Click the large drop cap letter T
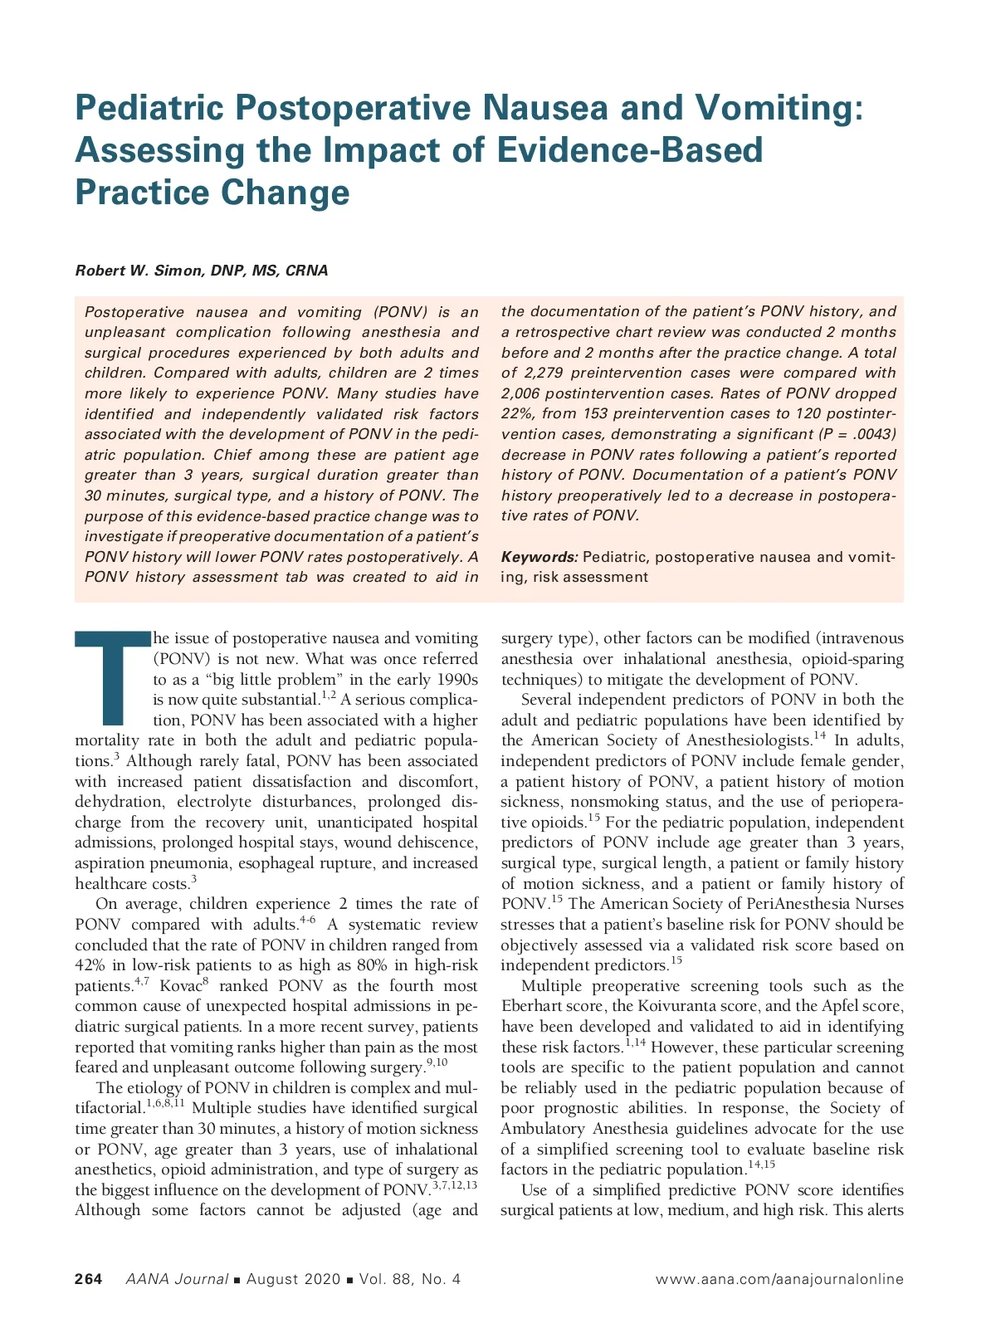coord(110,676)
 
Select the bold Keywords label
coord(539,557)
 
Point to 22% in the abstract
coord(516,413)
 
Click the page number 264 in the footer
coord(89,1279)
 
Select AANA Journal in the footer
coord(177,1279)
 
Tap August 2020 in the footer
coord(293,1279)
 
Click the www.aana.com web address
coord(779,1279)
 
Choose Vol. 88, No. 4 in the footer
coord(409,1279)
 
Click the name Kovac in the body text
coord(180,986)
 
